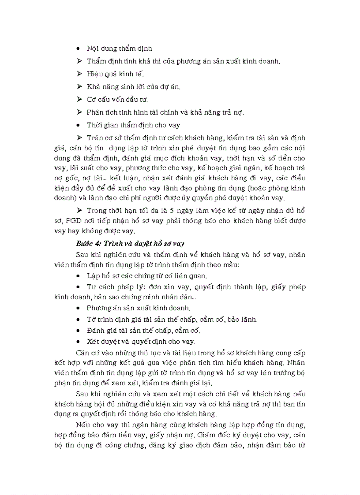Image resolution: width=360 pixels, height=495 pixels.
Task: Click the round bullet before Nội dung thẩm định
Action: point(78,48)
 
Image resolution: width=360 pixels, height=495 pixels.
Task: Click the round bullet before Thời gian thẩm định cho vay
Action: point(78,125)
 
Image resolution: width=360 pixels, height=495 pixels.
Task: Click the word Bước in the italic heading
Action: point(84,243)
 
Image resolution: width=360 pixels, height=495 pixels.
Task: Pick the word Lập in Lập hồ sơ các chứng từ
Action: point(92,276)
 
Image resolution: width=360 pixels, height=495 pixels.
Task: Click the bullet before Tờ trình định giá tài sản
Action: point(78,320)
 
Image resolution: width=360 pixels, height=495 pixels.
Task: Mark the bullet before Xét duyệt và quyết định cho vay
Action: point(78,341)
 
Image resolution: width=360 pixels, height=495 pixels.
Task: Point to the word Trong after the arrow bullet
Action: point(97,210)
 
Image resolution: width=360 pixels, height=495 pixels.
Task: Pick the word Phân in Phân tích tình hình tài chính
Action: point(95,112)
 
